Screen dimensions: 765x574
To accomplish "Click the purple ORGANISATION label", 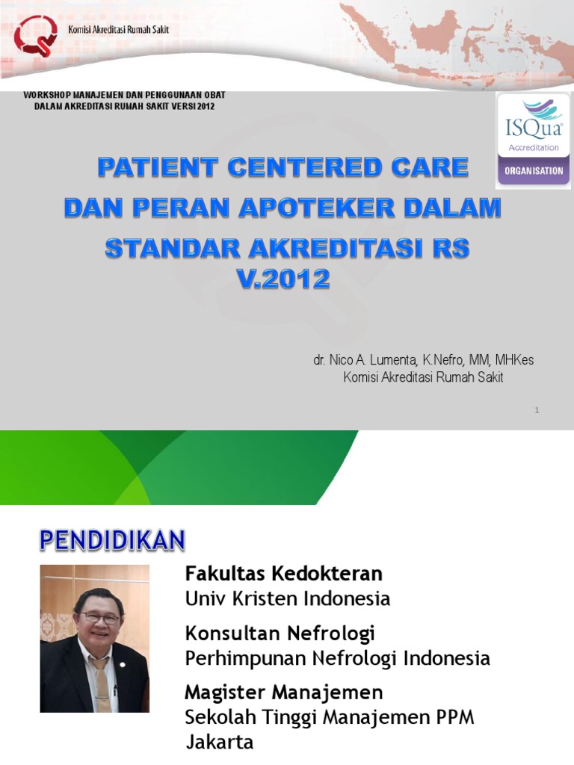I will (534, 170).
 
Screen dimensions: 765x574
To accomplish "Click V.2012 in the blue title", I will (282, 279).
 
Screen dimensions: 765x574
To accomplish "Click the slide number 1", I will (537, 410).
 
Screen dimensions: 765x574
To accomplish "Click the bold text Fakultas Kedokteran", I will (283, 574).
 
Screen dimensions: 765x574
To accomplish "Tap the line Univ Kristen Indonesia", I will (288, 598).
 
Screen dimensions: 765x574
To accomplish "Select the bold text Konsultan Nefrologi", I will (280, 634).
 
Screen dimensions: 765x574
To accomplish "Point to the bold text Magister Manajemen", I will (283, 693).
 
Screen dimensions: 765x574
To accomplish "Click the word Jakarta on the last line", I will (220, 742).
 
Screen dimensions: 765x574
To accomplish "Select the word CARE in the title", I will (426, 168).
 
